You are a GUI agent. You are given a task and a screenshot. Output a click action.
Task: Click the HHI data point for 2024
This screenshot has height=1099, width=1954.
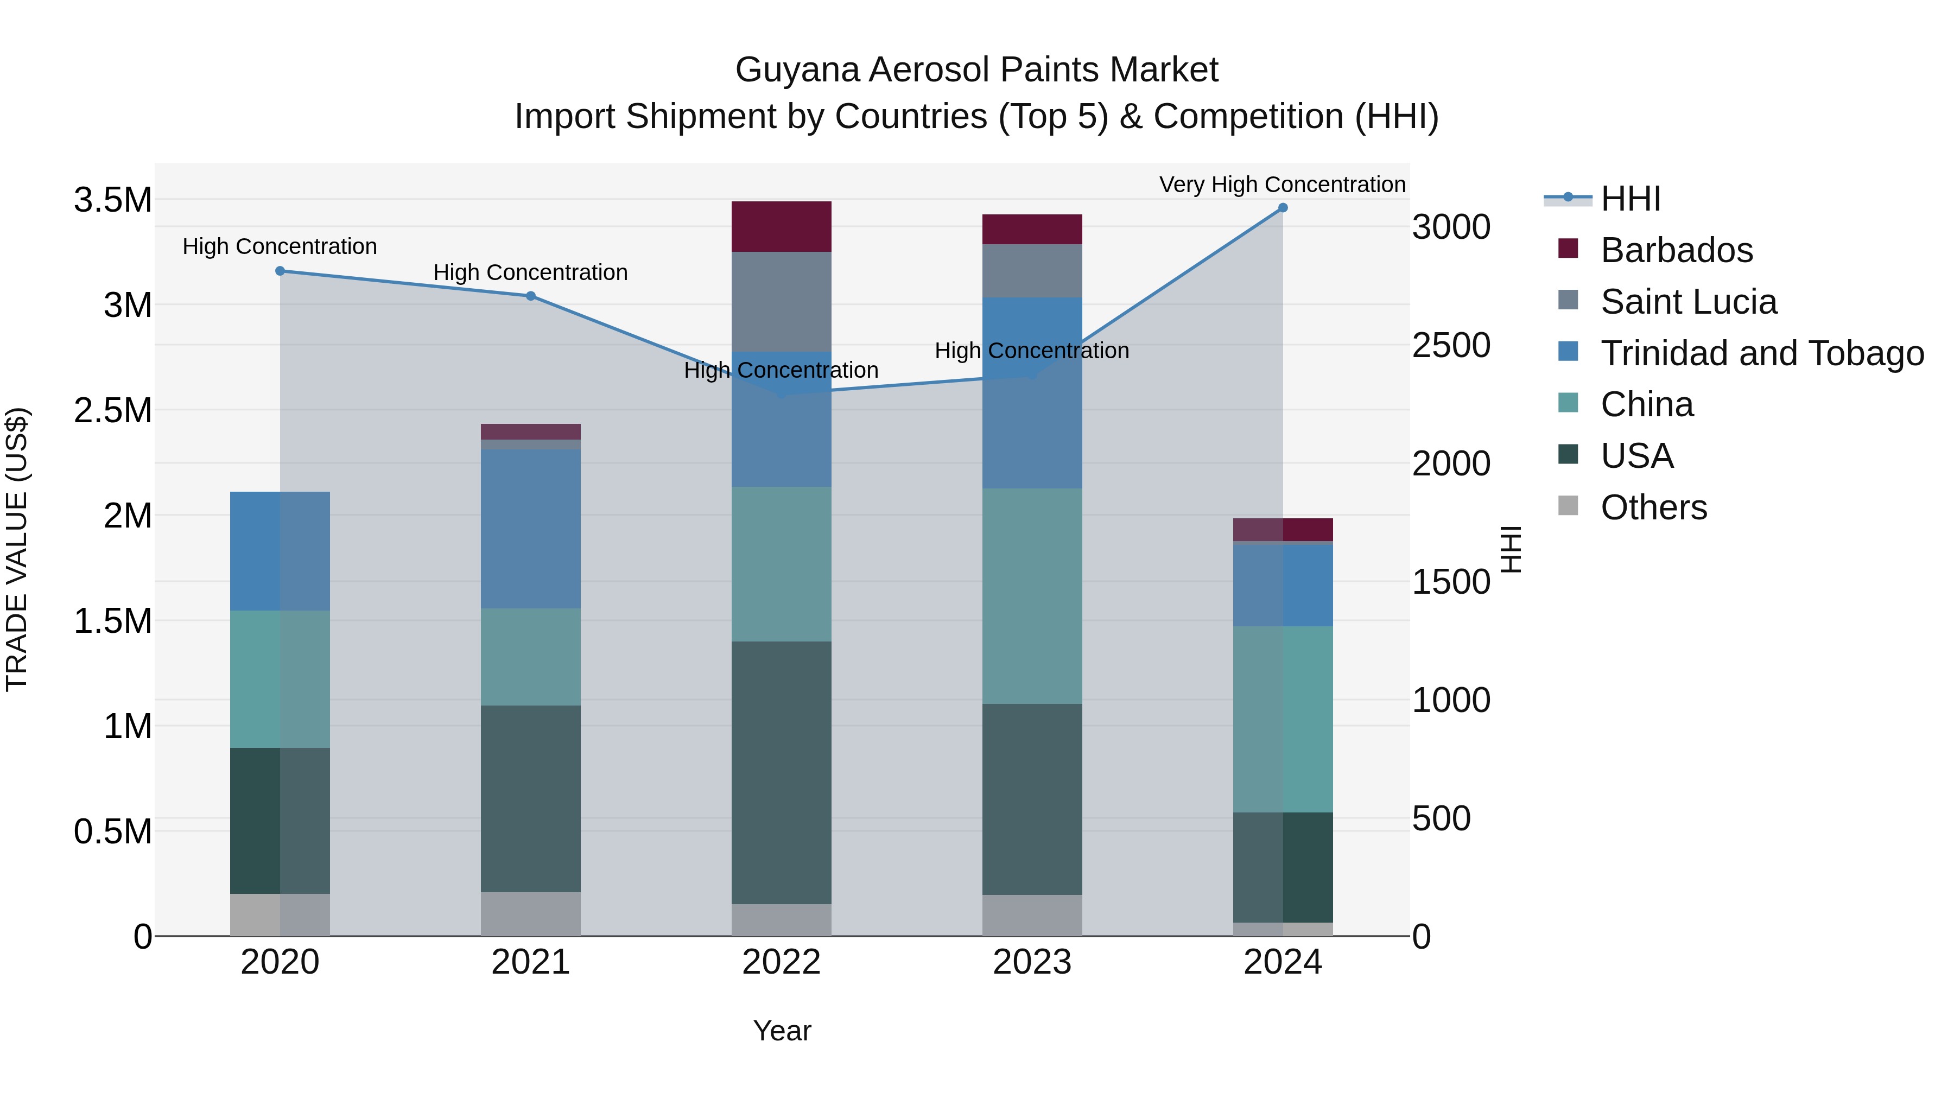[x=1283, y=208]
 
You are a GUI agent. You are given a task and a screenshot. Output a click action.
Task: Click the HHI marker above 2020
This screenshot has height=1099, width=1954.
[x=280, y=271]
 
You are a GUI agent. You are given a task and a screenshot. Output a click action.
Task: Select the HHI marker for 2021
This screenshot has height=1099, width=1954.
[x=531, y=296]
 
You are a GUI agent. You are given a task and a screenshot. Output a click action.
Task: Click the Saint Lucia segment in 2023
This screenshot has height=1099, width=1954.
[x=1032, y=271]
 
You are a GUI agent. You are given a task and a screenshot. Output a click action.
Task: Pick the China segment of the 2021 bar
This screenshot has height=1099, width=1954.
[x=531, y=657]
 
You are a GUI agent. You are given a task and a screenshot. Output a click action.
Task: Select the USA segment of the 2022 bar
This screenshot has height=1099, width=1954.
[x=781, y=772]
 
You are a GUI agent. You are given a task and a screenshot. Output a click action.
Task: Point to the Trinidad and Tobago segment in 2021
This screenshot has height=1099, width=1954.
[x=531, y=528]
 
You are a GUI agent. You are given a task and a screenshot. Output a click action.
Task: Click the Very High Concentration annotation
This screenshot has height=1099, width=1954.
[x=1282, y=185]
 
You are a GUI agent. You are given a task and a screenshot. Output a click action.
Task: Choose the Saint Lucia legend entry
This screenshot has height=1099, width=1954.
[x=1689, y=302]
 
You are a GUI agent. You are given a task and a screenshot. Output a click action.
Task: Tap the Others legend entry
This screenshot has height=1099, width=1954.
[x=1654, y=507]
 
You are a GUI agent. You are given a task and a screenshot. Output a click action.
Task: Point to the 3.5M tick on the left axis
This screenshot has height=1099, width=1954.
[x=112, y=200]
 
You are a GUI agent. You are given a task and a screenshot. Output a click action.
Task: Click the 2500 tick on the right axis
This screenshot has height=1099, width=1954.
[x=1451, y=346]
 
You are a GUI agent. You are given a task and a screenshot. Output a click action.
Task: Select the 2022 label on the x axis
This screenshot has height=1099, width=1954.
[x=781, y=962]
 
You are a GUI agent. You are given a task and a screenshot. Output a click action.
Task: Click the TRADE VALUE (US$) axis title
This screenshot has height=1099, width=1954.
[x=17, y=549]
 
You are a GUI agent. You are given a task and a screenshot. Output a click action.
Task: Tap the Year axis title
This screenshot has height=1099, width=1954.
[x=782, y=1031]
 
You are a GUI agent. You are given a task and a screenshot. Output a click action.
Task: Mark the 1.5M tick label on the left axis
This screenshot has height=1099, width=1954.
[x=112, y=621]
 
